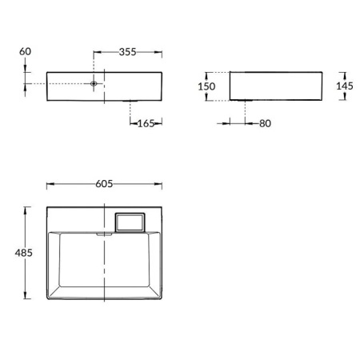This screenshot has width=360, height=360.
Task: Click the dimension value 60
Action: [25, 52]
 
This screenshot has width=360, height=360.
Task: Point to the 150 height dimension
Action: [206, 85]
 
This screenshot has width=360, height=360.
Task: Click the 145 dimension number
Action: [346, 85]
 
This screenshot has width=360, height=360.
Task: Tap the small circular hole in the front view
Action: [94, 83]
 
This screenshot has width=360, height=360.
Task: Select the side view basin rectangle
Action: [275, 85]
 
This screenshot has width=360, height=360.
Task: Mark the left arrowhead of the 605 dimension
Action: [50, 184]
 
